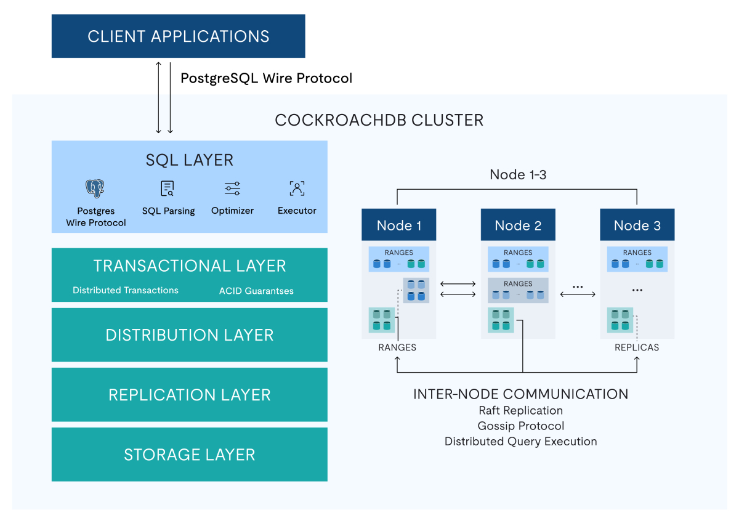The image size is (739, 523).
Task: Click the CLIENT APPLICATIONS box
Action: (178, 36)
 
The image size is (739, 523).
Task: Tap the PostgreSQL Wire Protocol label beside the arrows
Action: (266, 78)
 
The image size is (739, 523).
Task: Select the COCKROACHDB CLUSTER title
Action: (379, 120)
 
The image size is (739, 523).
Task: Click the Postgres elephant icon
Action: (95, 189)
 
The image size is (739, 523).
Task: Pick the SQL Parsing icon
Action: (168, 189)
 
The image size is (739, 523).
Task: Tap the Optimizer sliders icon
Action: (232, 189)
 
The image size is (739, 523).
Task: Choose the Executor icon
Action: (297, 189)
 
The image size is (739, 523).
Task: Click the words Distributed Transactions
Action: (126, 290)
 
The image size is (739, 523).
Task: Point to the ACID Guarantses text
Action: (256, 291)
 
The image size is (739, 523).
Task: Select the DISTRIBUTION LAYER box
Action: (189, 335)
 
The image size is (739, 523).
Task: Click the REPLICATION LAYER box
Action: (189, 395)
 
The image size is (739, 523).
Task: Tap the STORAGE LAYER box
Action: (189, 455)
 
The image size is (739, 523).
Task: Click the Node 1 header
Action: (398, 225)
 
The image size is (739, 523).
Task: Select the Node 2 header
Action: (518, 225)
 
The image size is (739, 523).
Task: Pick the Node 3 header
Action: (637, 225)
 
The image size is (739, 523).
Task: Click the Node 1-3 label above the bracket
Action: (518, 174)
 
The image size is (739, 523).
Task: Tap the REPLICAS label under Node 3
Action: (637, 347)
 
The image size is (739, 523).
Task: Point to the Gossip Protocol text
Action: (521, 426)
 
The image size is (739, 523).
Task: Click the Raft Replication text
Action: (521, 410)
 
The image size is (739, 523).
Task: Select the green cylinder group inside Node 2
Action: (500, 320)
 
